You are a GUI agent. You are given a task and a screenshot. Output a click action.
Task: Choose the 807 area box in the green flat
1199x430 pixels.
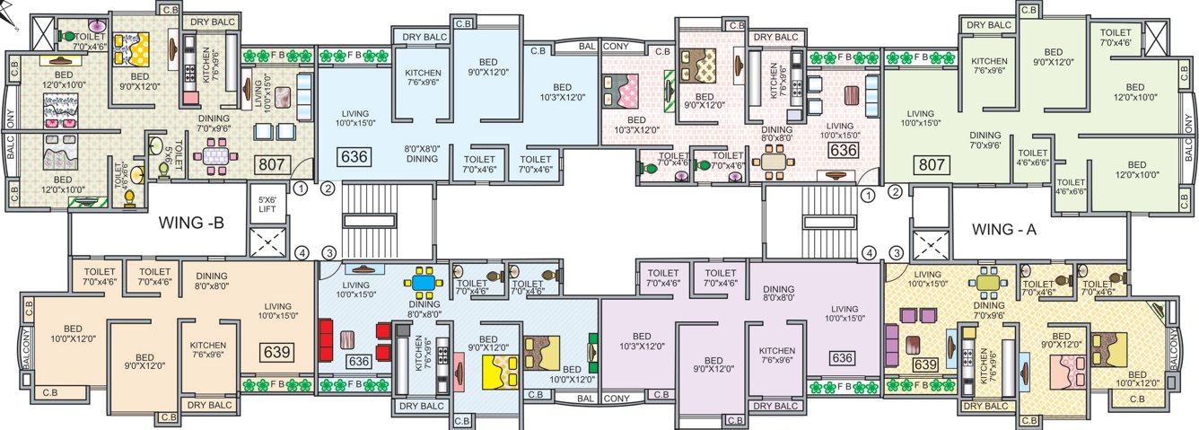tap(932, 165)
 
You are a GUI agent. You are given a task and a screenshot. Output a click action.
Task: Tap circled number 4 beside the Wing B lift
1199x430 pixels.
tap(302, 253)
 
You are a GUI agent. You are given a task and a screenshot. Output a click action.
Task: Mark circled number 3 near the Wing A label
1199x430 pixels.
tap(895, 253)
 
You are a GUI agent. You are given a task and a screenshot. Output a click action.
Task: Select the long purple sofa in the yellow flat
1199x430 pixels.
tap(892, 344)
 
